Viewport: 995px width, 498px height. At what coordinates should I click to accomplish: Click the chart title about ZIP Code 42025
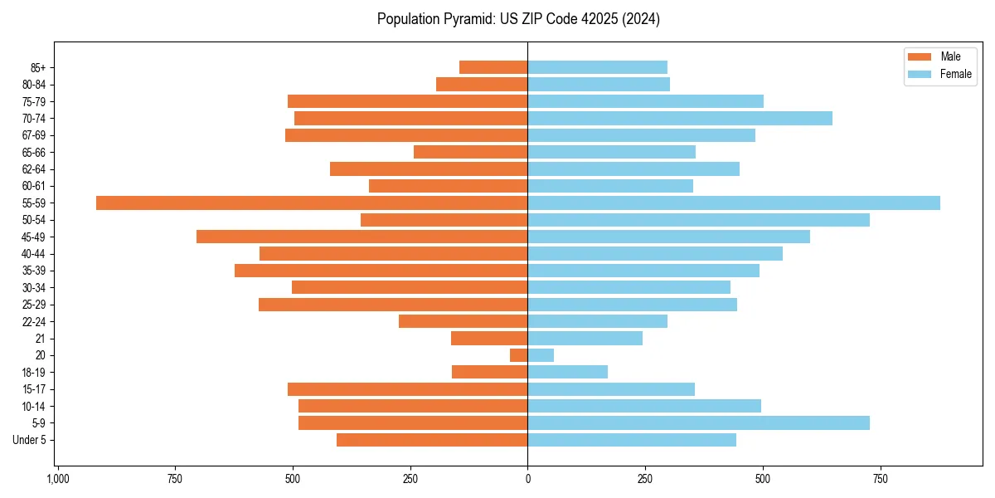(x=518, y=19)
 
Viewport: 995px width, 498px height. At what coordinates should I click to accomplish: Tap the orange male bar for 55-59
(x=312, y=203)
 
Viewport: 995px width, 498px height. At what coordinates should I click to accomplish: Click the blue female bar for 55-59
(x=734, y=203)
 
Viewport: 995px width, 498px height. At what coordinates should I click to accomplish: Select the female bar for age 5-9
(x=698, y=422)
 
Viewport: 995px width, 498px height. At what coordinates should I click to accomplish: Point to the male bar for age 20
(x=519, y=355)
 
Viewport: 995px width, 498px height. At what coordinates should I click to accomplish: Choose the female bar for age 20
(x=541, y=355)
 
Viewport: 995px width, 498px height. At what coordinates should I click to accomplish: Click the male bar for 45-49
(x=362, y=237)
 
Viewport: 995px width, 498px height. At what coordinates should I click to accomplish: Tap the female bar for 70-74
(x=680, y=118)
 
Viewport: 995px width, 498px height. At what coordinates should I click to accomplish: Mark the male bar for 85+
(x=493, y=67)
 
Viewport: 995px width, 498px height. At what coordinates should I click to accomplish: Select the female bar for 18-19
(x=567, y=372)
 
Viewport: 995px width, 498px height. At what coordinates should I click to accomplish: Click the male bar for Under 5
(x=432, y=440)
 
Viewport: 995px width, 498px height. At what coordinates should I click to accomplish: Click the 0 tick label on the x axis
(x=527, y=479)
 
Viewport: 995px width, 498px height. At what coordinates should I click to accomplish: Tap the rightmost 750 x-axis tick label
(x=881, y=479)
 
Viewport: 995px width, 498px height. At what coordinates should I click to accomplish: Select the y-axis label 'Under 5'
(x=29, y=440)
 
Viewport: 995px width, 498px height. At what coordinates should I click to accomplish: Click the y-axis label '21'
(x=41, y=339)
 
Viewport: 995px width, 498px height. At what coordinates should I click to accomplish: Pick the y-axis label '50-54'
(x=34, y=220)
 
